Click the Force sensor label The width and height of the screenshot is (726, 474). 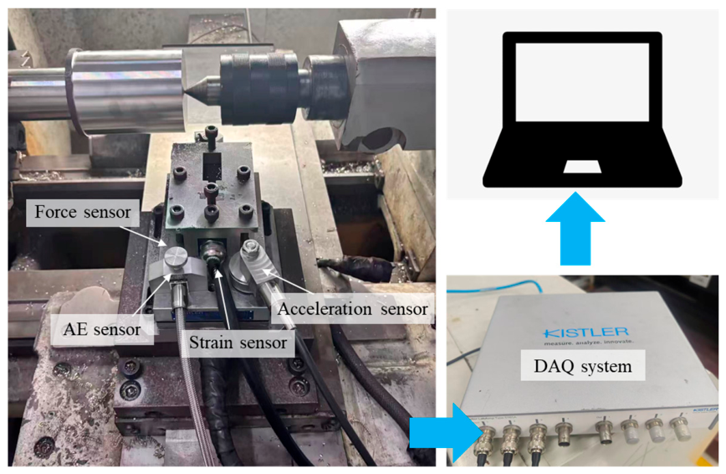[83, 213]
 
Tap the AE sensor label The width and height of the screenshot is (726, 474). [102, 329]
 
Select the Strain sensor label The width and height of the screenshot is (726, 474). [238, 343]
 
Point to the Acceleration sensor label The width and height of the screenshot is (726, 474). [353, 309]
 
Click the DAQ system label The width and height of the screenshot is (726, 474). [582, 366]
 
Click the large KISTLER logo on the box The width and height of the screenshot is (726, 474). [585, 332]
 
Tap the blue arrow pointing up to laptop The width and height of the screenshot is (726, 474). [575, 229]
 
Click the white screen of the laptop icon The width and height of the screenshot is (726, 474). [582, 82]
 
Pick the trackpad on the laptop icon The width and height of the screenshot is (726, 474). [582, 167]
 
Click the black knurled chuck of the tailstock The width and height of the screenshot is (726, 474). [259, 88]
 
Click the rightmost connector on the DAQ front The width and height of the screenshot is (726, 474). [680, 428]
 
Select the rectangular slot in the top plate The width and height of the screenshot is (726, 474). [212, 167]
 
